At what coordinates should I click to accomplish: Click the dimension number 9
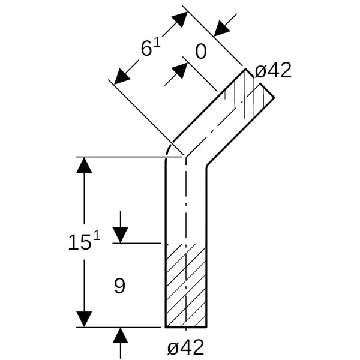(x=119, y=286)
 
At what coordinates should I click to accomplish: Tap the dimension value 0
(x=200, y=52)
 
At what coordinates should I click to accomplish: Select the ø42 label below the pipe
(x=185, y=347)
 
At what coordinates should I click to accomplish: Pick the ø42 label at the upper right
(x=273, y=71)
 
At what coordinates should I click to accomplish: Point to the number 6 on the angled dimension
(x=146, y=49)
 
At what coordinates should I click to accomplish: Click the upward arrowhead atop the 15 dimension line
(x=85, y=164)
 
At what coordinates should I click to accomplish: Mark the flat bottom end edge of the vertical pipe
(x=186, y=327)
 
